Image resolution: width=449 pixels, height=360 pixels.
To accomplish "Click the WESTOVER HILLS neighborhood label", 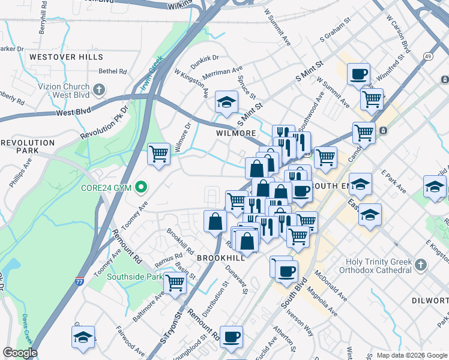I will point(66,57).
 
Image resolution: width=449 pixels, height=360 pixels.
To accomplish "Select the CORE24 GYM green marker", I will point(141,188).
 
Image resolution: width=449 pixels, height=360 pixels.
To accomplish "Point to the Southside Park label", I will point(135,277).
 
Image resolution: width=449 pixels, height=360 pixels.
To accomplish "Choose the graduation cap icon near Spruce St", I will point(226,103).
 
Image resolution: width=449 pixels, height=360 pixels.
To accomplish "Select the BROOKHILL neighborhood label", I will point(221,257).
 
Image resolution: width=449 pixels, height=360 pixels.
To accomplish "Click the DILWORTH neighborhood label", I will point(429,299).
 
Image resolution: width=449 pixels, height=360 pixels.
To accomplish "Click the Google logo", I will point(20,353).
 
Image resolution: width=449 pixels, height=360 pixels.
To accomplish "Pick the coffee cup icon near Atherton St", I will point(231,337).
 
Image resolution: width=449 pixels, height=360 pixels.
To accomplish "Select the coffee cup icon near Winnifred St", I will point(358,74).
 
